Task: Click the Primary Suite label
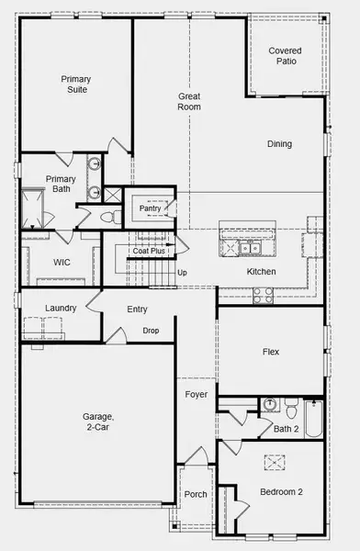76,84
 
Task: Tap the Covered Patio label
285,56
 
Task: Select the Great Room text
189,102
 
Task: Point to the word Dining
279,144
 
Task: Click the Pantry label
150,208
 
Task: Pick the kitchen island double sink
250,249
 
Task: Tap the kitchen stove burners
264,296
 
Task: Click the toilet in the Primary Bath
111,217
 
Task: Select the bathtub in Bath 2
313,419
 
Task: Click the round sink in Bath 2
270,404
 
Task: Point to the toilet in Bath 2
291,409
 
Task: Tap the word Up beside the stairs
182,273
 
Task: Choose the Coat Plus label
149,251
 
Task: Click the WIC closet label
62,262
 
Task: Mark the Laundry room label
61,309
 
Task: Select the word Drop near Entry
151,331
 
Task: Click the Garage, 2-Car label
97,422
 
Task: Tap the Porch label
196,494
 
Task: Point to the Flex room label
271,352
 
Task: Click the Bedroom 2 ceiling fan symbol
275,463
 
